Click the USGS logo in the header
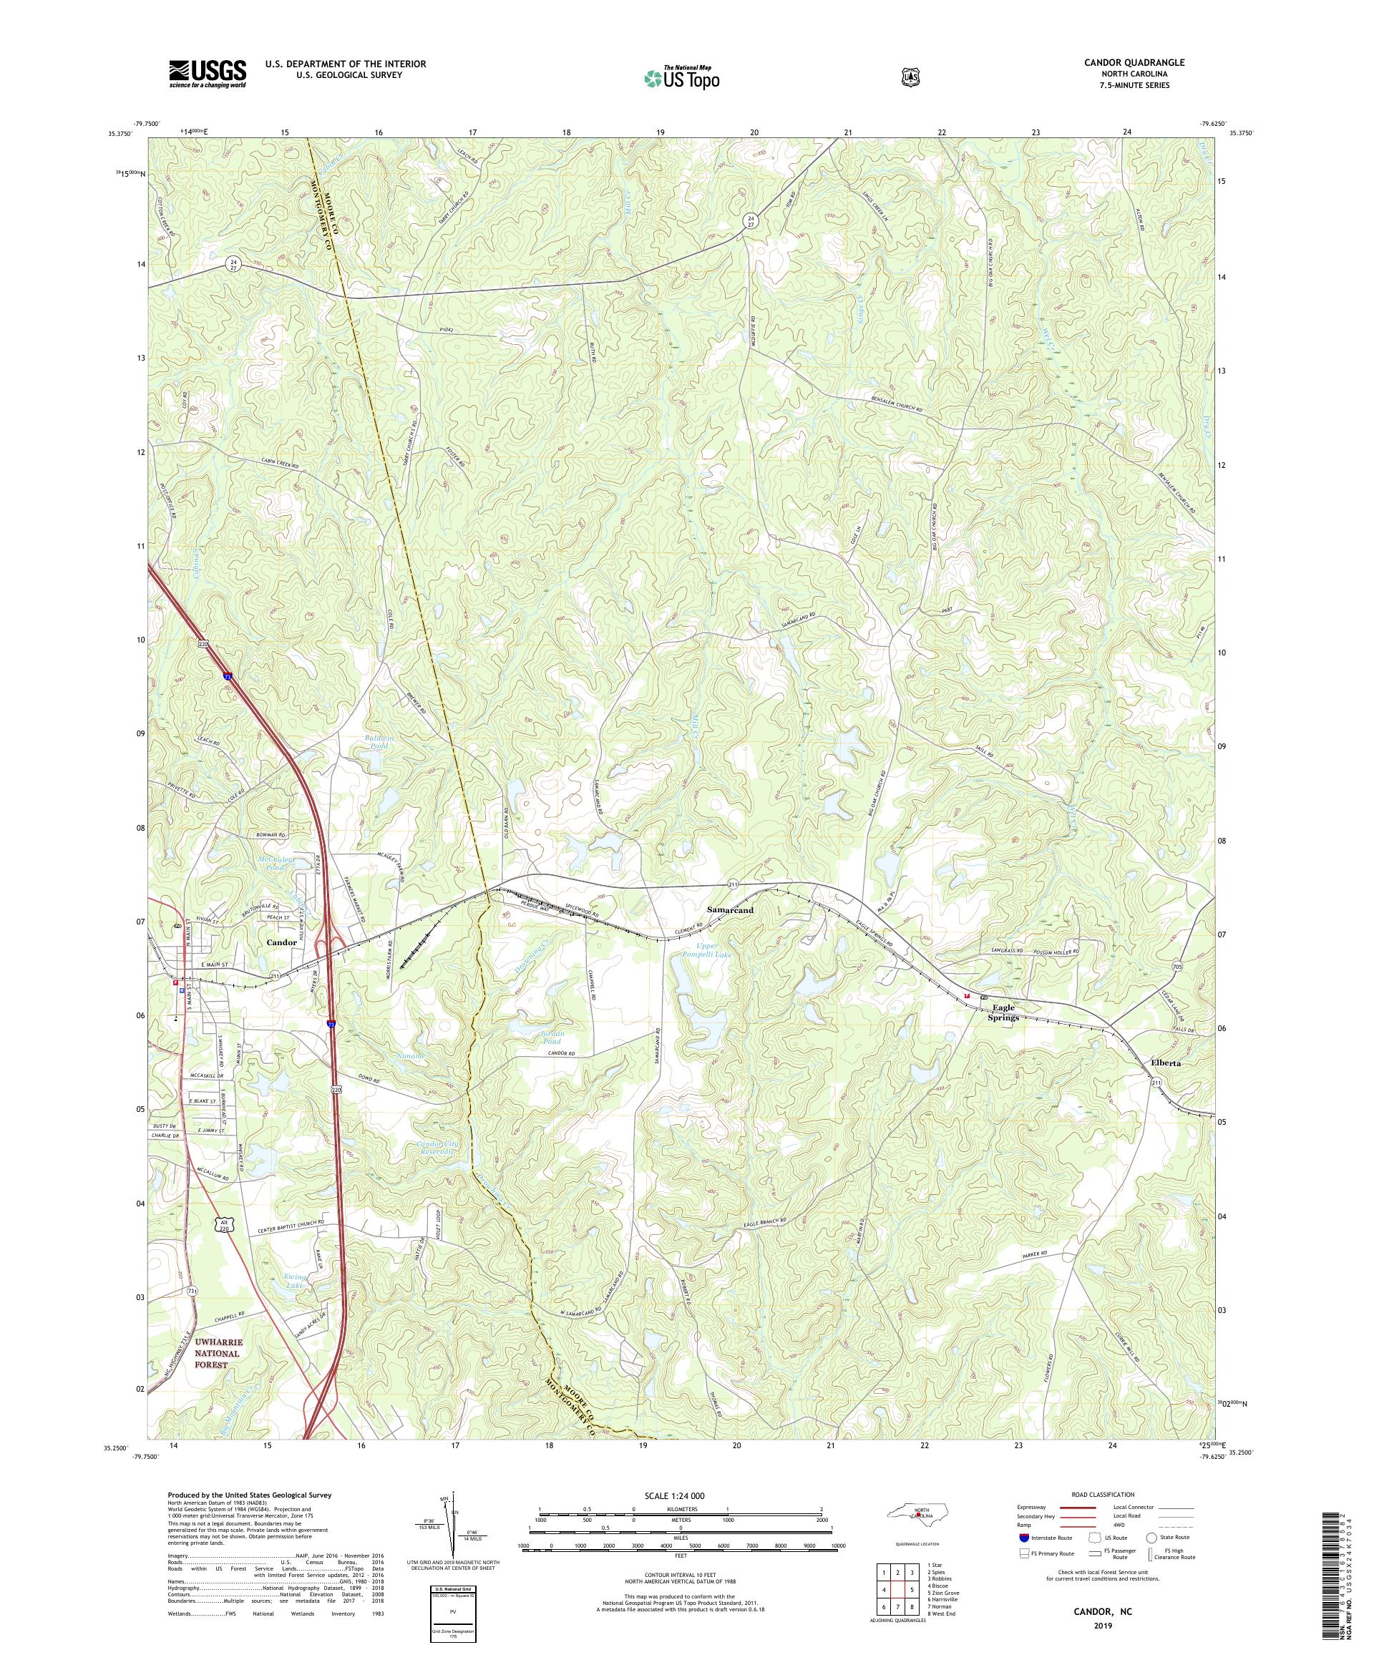(x=207, y=74)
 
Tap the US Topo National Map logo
(x=681, y=77)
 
